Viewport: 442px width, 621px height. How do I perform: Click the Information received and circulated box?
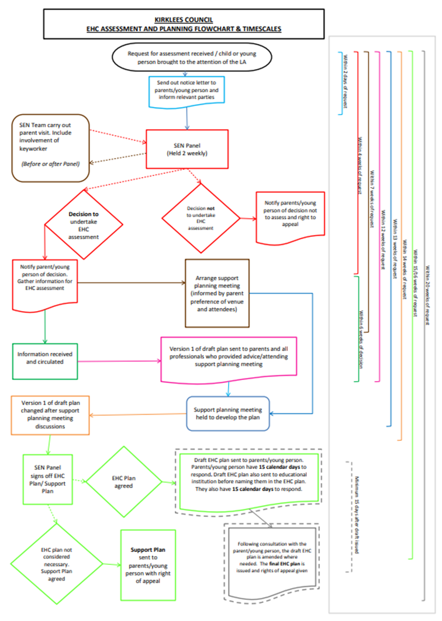pyautogui.click(x=48, y=357)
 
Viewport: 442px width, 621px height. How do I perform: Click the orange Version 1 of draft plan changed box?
pyautogui.click(x=49, y=415)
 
